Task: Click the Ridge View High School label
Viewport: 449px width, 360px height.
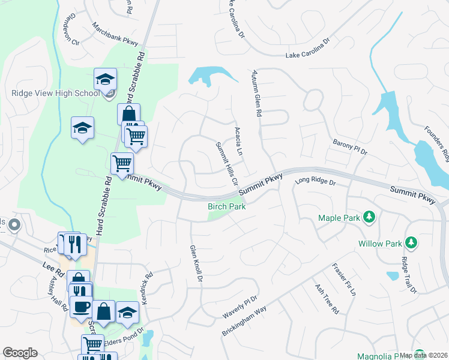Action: tap(55, 93)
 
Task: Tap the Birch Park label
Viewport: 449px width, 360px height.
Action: tap(227, 206)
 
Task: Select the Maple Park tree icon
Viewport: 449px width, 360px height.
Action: tap(370, 217)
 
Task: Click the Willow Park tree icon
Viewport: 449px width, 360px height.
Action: tap(411, 242)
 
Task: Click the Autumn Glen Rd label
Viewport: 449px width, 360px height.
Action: tap(257, 92)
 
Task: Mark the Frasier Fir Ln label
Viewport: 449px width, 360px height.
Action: tap(344, 280)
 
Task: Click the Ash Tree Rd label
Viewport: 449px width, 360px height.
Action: tap(327, 299)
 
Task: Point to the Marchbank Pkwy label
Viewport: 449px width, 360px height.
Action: tap(115, 35)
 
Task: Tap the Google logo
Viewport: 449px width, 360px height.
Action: tap(20, 353)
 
